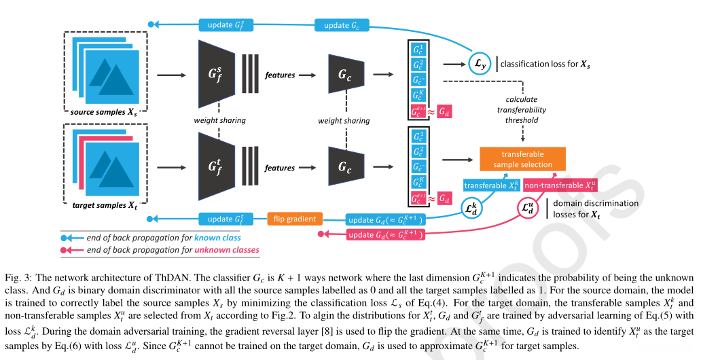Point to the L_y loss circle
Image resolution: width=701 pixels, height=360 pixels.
(479, 64)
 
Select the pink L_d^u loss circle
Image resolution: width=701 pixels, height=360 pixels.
(528, 209)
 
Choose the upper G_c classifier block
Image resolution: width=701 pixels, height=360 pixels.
(345, 75)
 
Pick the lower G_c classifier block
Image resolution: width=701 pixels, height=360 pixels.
(345, 167)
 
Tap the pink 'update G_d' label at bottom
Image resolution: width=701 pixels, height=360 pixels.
(385, 234)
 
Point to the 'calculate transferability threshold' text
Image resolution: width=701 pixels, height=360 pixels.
(521, 109)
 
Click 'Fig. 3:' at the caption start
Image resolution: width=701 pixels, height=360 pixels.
(16, 278)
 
